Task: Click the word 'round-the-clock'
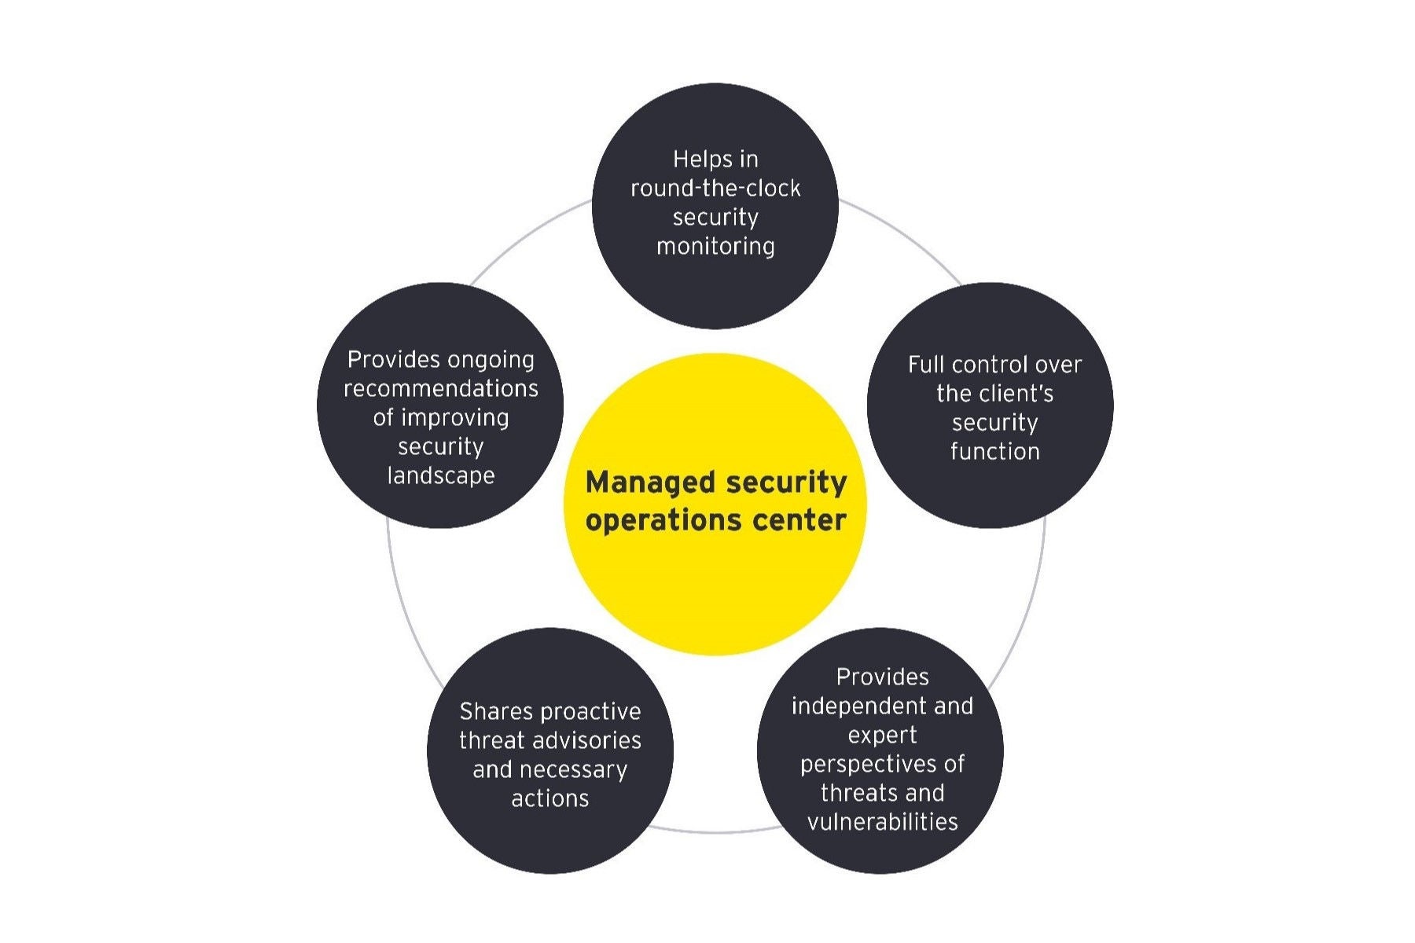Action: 715,189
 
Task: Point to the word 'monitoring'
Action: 715,247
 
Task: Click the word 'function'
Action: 994,452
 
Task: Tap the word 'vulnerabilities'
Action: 882,823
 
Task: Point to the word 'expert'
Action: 882,736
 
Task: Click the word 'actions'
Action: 550,799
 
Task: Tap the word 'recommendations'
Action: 441,389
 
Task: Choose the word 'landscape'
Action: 441,476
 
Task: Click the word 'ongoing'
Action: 490,360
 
